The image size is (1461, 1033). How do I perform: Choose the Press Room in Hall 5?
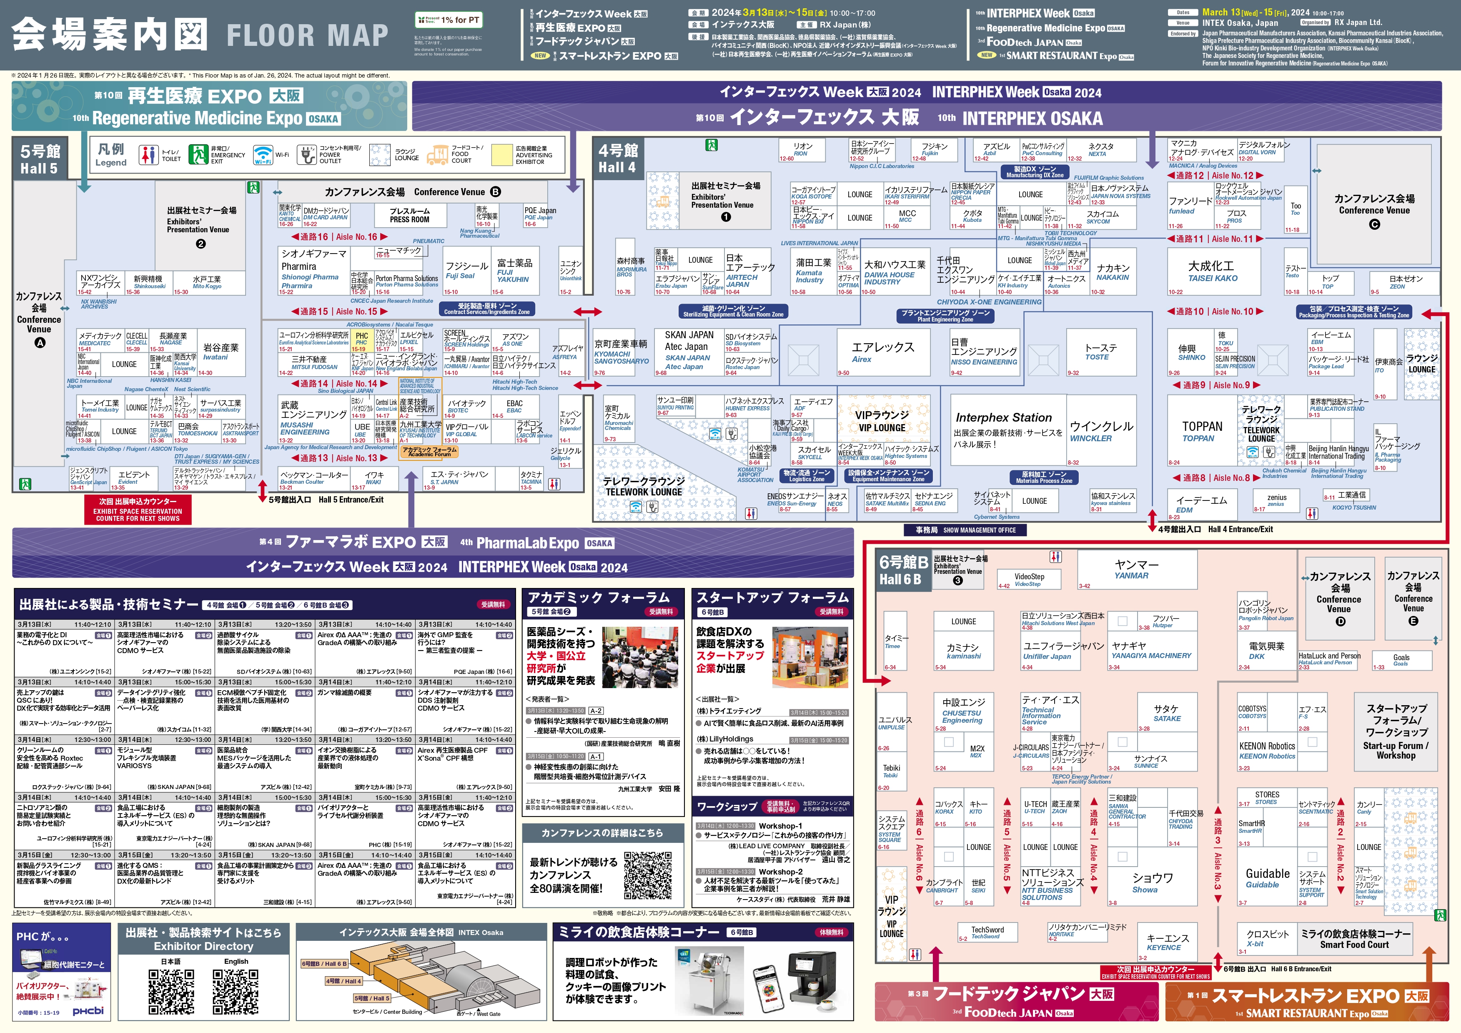[x=409, y=215]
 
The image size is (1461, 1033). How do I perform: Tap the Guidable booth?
[x=1267, y=878]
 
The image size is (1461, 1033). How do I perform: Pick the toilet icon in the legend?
[x=148, y=155]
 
